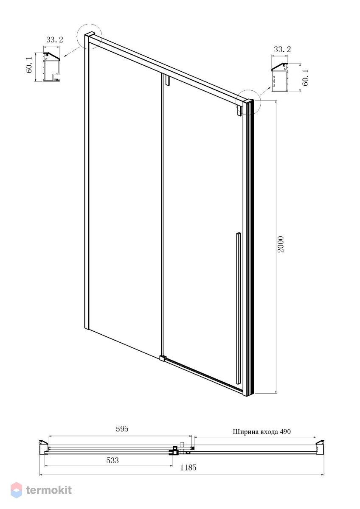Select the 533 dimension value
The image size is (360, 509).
tap(112, 460)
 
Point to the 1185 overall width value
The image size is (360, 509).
tap(188, 467)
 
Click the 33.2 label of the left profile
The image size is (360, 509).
tap(55, 40)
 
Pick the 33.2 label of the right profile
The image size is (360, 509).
tap(282, 49)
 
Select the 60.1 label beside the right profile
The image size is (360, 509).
tap(305, 78)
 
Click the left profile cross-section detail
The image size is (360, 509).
tap(52, 67)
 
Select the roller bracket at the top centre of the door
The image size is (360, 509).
tap(168, 81)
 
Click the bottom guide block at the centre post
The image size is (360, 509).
tap(162, 358)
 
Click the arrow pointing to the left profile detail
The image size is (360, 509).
tap(72, 51)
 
